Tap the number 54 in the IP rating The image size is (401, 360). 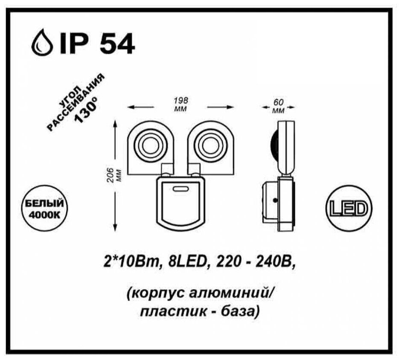[117, 43]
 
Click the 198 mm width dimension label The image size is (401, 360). [181, 101]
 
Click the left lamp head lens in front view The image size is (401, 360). [150, 145]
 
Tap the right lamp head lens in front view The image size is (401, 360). [208, 145]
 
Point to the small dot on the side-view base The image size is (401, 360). [276, 199]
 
